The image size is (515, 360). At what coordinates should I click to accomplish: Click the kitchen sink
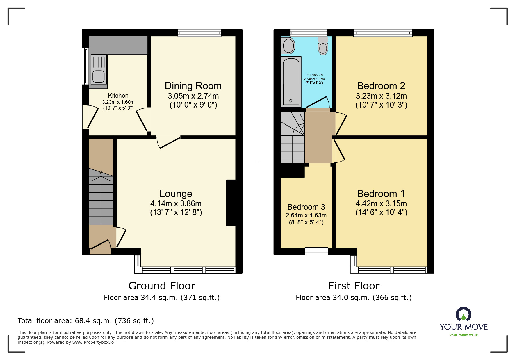99,71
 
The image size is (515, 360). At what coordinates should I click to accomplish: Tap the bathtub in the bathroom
291,82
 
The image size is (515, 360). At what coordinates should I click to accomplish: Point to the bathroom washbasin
288,46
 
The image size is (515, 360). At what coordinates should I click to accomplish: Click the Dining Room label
193,86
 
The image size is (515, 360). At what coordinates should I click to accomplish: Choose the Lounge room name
176,194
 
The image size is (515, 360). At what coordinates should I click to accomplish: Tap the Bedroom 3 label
306,207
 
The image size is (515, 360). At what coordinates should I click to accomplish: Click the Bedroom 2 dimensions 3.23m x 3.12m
381,96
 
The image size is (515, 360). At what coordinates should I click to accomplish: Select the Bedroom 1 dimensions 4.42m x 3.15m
381,204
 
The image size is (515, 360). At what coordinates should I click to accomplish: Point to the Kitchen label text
118,96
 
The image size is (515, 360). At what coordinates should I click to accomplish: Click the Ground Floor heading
162,286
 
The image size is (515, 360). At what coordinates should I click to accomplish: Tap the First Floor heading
354,286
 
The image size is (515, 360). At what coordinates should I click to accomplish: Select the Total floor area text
86,321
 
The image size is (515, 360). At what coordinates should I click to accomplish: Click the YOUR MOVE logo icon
464,314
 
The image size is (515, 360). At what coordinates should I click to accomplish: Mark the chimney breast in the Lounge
231,203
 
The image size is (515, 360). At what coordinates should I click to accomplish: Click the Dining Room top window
199,33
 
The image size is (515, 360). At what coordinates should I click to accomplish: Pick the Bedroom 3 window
316,251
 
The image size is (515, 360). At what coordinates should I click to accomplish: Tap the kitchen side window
85,66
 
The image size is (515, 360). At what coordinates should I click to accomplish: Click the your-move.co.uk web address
464,335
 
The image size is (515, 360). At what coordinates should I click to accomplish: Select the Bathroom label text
314,75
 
